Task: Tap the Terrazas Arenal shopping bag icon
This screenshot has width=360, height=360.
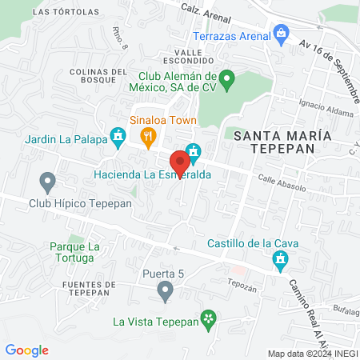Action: coord(281,34)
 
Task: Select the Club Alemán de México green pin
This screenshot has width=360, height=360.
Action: coord(226,78)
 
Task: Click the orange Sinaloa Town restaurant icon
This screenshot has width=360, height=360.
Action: coord(148,137)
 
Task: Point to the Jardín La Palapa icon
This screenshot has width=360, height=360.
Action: coord(118,137)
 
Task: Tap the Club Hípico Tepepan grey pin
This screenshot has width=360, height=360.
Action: coord(47,183)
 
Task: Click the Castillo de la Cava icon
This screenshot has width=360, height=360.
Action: coord(281,259)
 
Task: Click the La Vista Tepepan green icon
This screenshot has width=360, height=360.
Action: coord(209,320)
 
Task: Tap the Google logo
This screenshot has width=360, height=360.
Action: coord(26,350)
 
